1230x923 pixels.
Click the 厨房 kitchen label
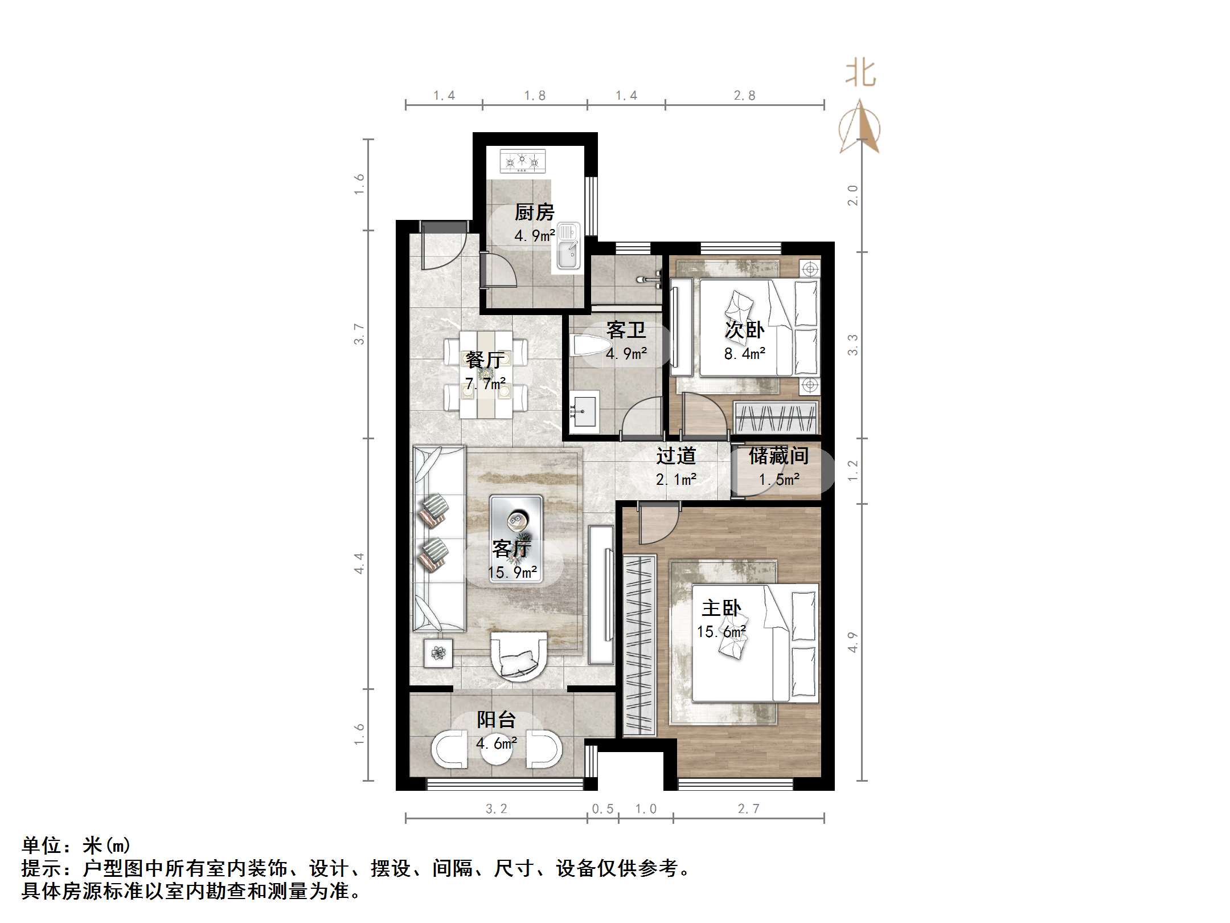534,213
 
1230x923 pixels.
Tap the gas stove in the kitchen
522,161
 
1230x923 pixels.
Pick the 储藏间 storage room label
778,456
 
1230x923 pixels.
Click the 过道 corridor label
676,456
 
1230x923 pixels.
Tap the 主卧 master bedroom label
721,608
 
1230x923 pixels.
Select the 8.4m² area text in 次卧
744,354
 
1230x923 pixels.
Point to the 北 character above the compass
860,74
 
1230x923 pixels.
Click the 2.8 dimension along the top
744,96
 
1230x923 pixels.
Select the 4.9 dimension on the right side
852,642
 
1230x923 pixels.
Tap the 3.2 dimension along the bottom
496,808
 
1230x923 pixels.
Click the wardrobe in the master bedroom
639,646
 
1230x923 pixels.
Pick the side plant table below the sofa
438,652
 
